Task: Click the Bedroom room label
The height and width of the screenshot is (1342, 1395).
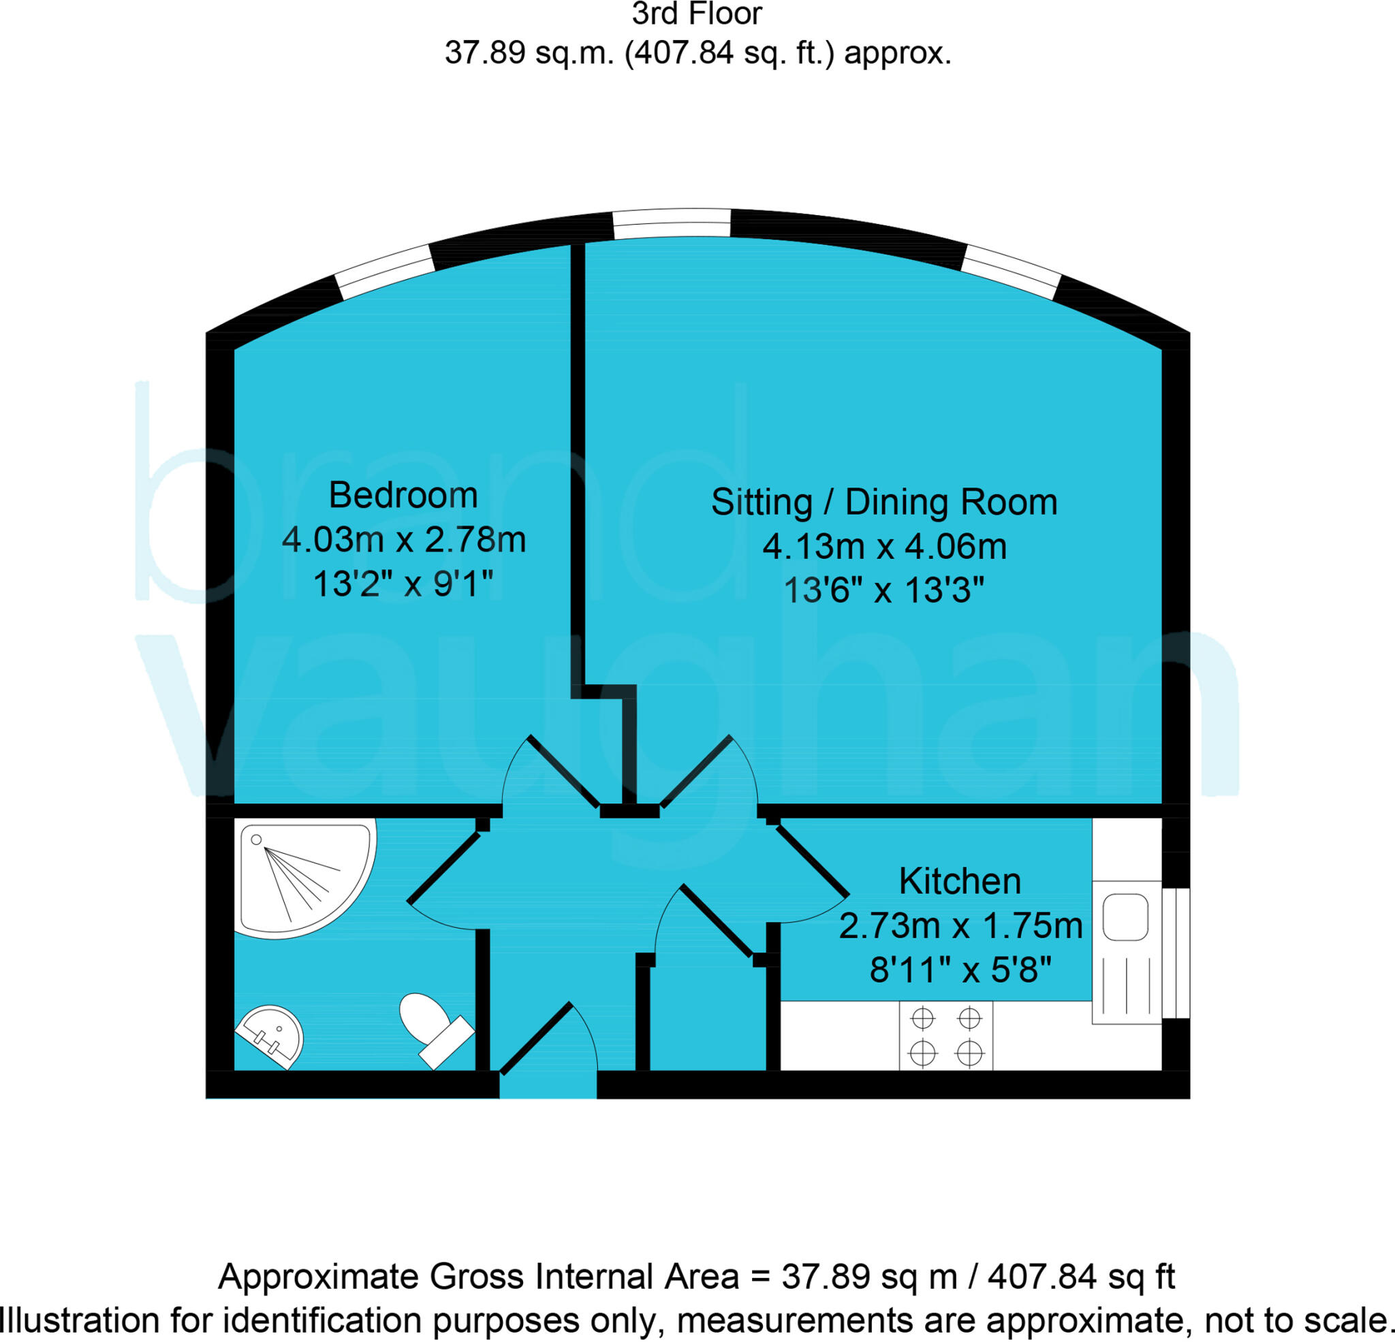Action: click(403, 495)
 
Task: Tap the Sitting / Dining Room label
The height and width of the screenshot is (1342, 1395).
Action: click(884, 502)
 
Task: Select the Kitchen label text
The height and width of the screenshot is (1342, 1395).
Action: click(960, 882)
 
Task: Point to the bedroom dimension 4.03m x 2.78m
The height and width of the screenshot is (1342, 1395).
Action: click(403, 540)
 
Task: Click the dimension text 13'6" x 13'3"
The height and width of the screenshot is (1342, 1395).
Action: click(884, 590)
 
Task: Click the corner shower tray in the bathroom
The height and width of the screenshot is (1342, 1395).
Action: click(299, 876)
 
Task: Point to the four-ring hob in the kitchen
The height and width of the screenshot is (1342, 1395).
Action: click(946, 1036)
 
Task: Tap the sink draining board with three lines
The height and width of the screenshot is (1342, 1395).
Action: click(1127, 986)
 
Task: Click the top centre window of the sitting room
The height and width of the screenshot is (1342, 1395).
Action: click(672, 223)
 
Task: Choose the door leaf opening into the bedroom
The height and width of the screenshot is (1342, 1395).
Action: click(562, 772)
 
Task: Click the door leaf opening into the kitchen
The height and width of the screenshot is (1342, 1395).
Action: click(812, 861)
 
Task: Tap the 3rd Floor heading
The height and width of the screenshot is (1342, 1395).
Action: click(697, 14)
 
